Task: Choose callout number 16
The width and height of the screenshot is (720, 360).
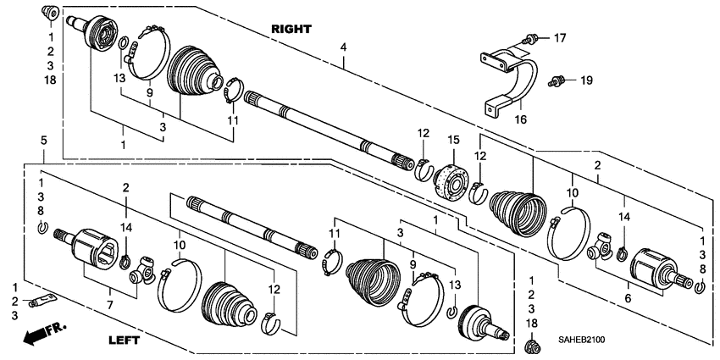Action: coord(521,119)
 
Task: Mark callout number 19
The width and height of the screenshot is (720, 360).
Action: coord(584,80)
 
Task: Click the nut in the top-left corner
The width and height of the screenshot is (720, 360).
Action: coord(49,13)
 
